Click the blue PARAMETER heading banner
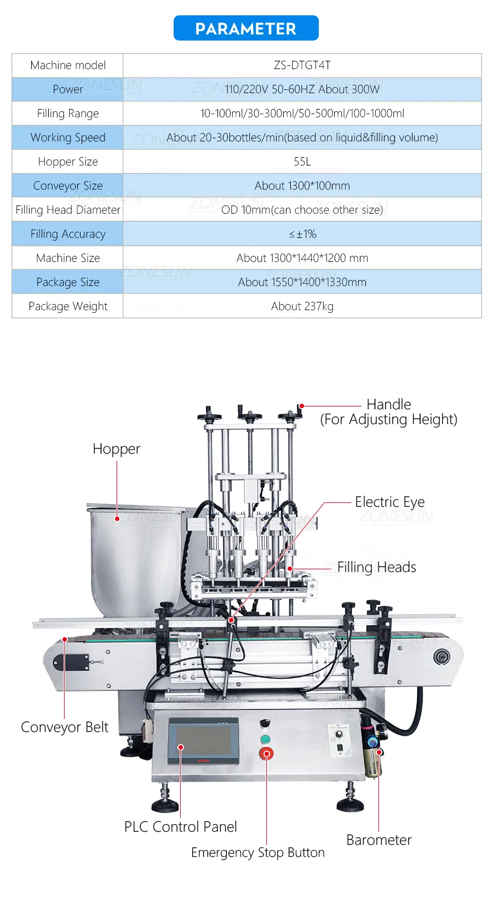coord(246,28)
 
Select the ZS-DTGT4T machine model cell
coord(302,65)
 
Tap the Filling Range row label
coord(68,113)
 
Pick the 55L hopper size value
coord(302,162)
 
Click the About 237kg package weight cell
coord(302,306)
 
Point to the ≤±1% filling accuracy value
coord(302,234)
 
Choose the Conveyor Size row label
coord(68,186)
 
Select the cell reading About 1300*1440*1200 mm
coord(302,258)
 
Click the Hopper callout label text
coord(116,449)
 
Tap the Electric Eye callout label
coord(389,502)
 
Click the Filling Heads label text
coord(376,567)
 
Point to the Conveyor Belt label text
coord(65,727)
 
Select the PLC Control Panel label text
coord(180,827)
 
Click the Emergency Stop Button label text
coord(257,852)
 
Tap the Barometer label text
coord(379,840)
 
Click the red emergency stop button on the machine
coord(266,754)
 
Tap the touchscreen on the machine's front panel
coord(203,739)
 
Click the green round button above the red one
coord(265,740)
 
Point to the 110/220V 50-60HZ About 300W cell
coord(302,89)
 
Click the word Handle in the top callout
coord(388,404)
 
